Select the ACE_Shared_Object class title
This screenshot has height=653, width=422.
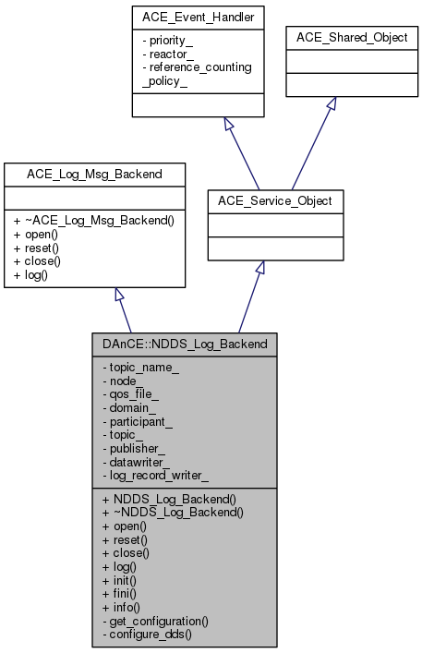pos(352,38)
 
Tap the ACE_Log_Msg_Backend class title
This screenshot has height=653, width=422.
pos(70,172)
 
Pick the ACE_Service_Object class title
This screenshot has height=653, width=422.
pos(274,200)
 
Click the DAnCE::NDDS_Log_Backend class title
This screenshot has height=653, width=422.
pos(184,344)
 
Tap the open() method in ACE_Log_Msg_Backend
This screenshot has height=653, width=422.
pos(36,235)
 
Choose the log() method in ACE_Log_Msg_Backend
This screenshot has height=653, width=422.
pos(31,276)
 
